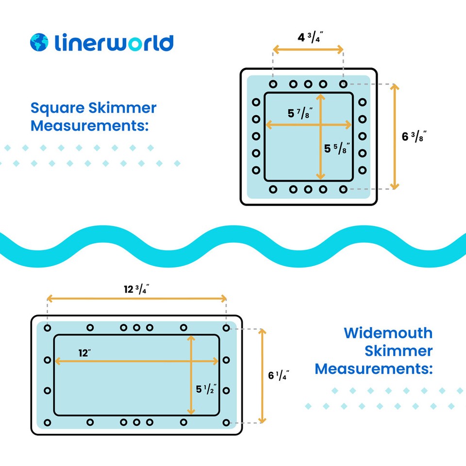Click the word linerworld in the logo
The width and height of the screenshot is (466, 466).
114,42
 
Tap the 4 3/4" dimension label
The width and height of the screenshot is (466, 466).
308,36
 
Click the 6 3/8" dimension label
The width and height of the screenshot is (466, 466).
414,137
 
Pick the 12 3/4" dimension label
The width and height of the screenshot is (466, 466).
136,290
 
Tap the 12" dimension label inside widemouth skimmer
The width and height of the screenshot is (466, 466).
85,352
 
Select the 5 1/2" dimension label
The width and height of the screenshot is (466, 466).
206,389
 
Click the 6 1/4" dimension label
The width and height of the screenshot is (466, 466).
279,375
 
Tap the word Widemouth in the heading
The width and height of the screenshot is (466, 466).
388,333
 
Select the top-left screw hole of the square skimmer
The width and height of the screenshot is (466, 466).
273,84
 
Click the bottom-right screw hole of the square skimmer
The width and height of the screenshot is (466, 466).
343,189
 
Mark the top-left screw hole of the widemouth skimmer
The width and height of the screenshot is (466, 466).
47,328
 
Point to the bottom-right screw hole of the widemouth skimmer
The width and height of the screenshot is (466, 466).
226,422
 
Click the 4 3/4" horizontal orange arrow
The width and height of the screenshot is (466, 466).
308,49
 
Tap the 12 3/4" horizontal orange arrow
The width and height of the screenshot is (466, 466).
136,298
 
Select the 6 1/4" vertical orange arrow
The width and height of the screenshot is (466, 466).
262,375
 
